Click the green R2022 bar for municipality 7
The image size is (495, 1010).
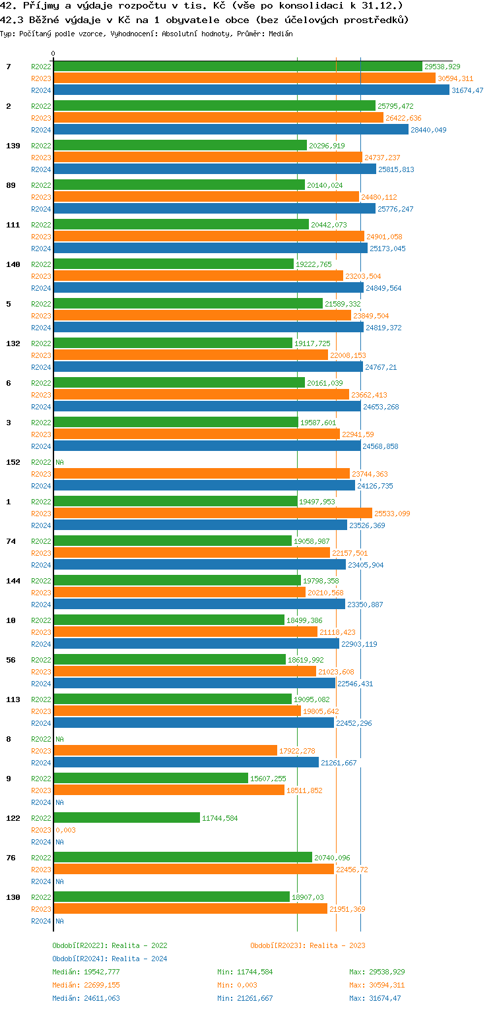pos(238,67)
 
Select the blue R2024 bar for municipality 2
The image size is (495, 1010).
pos(231,130)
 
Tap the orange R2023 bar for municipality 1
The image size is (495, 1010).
pos(213,514)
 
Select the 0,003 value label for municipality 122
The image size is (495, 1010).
pos(65,830)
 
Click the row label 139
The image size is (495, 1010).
pos(13,146)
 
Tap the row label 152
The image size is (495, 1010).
pos(13,462)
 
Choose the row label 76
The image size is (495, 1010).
pos(11,858)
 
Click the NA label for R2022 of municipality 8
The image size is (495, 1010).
pos(59,739)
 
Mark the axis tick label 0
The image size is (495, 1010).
pos(53,53)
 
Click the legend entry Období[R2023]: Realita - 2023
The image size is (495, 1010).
pos(308,945)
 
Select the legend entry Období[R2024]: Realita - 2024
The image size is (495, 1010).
pos(110,959)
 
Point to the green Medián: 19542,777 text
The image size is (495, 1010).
pos(86,972)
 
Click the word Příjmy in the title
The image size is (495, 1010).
pos(40,5)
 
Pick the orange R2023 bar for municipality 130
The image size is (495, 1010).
pos(190,909)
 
